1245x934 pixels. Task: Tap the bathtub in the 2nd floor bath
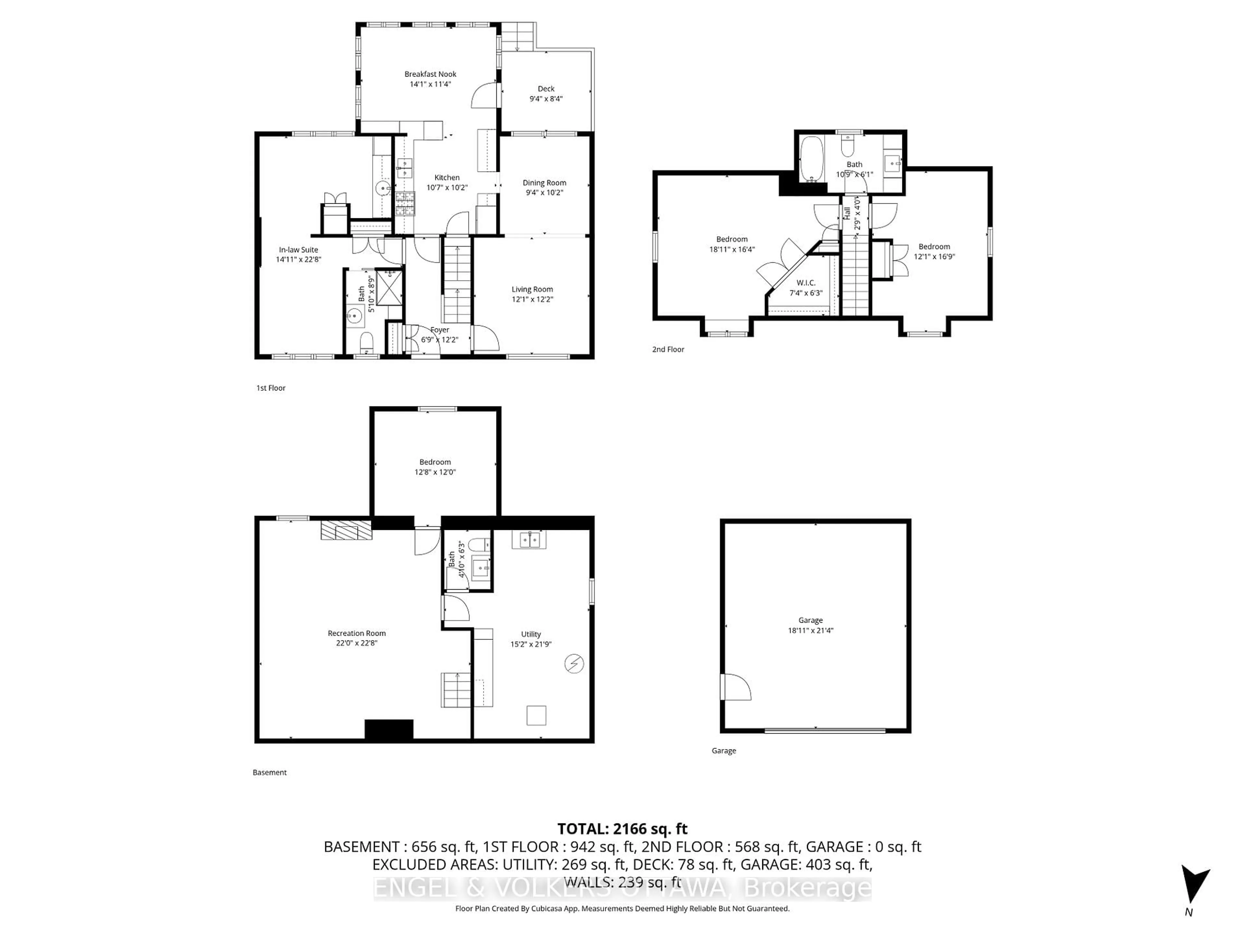point(812,159)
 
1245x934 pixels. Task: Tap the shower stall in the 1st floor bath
point(389,287)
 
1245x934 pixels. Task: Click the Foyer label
point(440,330)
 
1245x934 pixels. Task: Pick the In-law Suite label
point(298,249)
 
